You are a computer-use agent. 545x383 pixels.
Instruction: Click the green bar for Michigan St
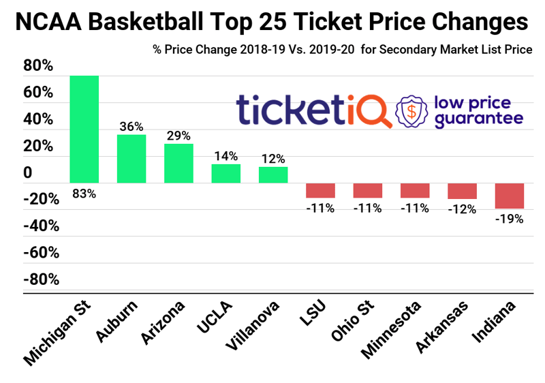(x=84, y=129)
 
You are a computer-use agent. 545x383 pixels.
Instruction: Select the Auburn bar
(x=131, y=159)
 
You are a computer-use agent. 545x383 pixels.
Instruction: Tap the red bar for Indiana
(x=509, y=196)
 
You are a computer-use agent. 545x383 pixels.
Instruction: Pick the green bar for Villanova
(x=273, y=174)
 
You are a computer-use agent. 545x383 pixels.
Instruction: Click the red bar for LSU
(x=320, y=190)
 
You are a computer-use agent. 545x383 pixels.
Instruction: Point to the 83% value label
(x=84, y=194)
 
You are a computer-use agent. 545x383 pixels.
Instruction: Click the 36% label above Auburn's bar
(x=131, y=126)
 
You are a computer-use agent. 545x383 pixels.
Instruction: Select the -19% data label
(x=509, y=219)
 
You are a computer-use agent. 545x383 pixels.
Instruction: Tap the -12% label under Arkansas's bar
(x=462, y=209)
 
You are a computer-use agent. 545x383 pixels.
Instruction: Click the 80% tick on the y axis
(x=37, y=66)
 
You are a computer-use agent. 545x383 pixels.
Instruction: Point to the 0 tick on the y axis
(x=27, y=172)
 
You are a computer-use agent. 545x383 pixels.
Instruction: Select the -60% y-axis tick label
(x=41, y=253)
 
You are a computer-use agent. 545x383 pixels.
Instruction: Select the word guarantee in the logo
(x=479, y=118)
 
